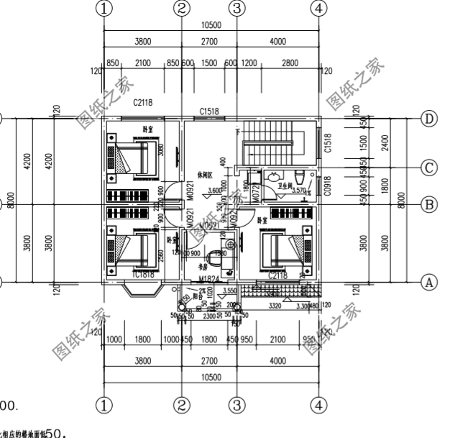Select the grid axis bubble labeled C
coord(430,168)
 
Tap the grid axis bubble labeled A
coord(430,283)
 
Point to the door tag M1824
coord(209,278)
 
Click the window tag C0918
coord(327,186)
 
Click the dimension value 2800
coord(290,63)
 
